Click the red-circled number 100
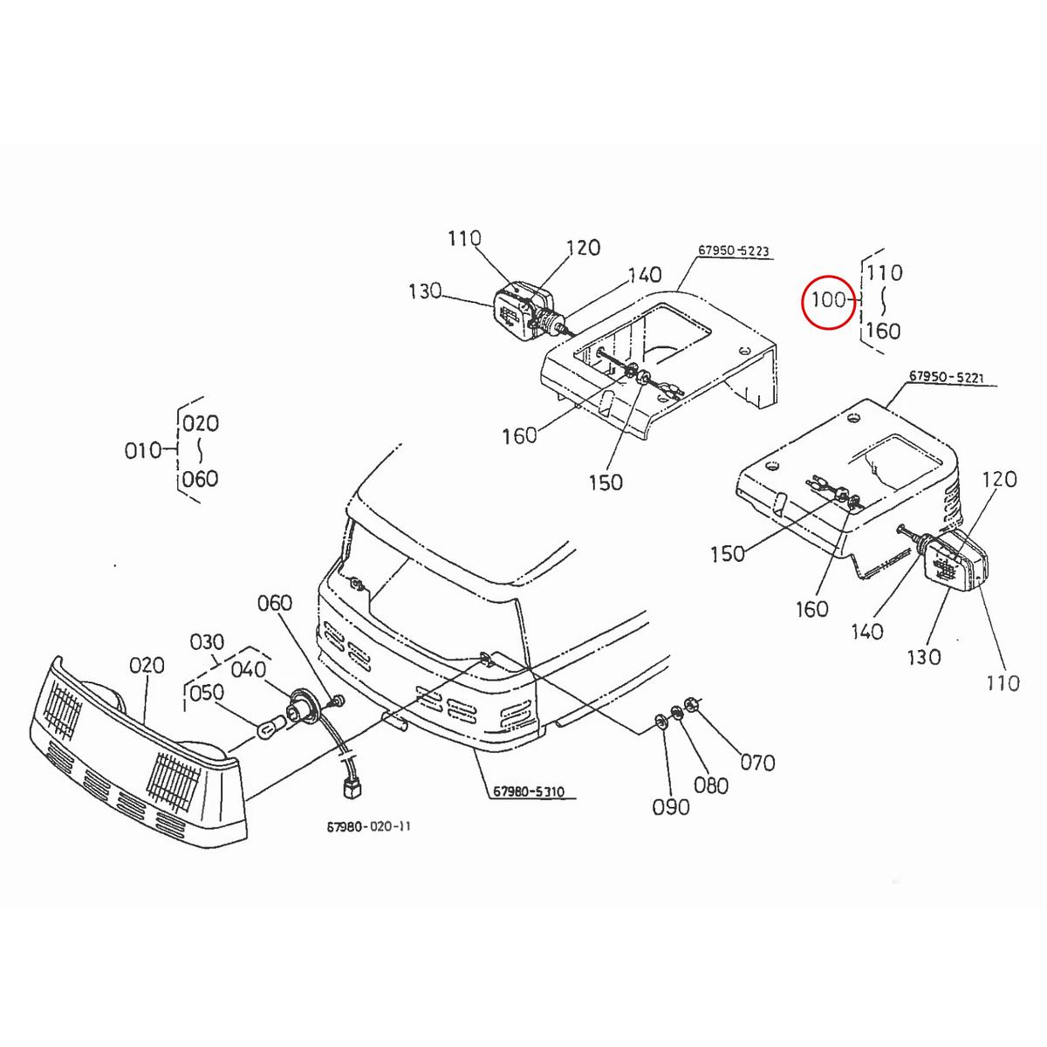point(828,300)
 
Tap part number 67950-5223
point(733,251)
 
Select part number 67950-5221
point(946,377)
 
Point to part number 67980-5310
point(529,792)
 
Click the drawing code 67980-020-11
point(367,826)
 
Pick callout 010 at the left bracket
point(143,450)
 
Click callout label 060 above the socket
point(275,603)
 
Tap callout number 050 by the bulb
point(207,693)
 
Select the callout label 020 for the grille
point(147,666)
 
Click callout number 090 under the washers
point(670,807)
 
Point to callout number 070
point(756,763)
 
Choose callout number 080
point(711,785)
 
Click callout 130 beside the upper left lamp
point(425,291)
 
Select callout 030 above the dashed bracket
point(208,642)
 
